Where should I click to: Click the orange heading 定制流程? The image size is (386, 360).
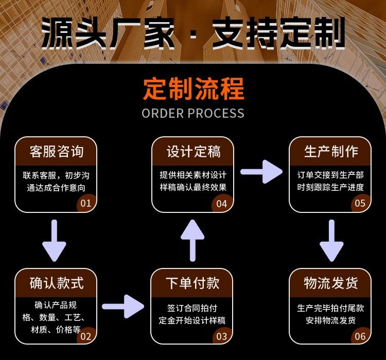pos(194,89)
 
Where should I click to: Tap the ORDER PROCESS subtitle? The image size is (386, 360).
pos(193,114)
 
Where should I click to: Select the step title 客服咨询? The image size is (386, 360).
pos(57,151)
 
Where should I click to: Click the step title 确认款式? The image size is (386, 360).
pos(57,283)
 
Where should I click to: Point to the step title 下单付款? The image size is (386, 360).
pos(192,283)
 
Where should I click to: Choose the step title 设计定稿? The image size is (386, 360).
pos(194,151)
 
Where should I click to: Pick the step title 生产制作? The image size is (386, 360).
pos(331,151)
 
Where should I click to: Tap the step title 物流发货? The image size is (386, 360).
pos(330,283)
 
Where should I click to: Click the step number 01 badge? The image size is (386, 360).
pos(86,203)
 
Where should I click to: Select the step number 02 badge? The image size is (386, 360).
pos(86,336)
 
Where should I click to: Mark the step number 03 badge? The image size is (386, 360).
pos(222,336)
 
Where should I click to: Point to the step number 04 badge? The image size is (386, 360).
pos(222,204)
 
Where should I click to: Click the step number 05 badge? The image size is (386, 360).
pos(360,203)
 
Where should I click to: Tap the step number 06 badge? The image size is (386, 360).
pos(360,336)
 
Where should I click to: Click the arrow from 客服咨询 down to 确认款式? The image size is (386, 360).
pos(54,240)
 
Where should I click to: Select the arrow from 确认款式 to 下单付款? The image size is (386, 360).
pos(123,307)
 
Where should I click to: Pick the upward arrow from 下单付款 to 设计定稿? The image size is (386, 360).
pos(192,240)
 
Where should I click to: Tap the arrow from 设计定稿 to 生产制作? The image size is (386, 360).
pos(261,172)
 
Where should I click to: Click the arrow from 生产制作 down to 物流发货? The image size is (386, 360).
pos(331,240)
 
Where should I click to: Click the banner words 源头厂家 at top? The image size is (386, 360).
pos(108,33)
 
